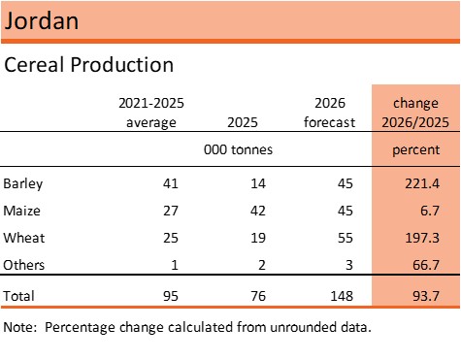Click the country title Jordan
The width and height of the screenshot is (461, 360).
[x=42, y=21]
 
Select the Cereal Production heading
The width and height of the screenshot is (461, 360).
[x=89, y=64]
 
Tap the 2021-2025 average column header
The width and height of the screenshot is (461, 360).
[x=151, y=113]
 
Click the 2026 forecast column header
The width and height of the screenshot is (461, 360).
[x=330, y=113]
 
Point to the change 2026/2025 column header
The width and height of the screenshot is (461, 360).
[x=415, y=113]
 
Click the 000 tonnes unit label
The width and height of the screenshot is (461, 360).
[x=238, y=149]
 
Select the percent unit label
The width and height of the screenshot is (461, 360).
[x=416, y=150]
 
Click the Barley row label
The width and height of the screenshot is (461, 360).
[x=23, y=184]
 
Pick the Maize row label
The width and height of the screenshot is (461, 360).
[x=21, y=211]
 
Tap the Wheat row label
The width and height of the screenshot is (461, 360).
[x=24, y=238]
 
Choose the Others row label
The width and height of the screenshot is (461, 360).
[x=23, y=265]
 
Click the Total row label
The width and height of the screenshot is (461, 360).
[x=18, y=296]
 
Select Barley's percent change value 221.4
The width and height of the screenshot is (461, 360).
[x=422, y=183]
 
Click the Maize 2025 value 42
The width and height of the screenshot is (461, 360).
[x=258, y=211]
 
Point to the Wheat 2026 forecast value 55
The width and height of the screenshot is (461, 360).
[x=346, y=238]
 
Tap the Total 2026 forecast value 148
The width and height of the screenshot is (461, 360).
[x=342, y=296]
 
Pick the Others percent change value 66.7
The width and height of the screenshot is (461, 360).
[x=426, y=265]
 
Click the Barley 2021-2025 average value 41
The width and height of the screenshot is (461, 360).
[x=171, y=183]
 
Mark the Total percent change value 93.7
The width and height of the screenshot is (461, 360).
[x=426, y=296]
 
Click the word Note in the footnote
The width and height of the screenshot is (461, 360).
[x=18, y=327]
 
